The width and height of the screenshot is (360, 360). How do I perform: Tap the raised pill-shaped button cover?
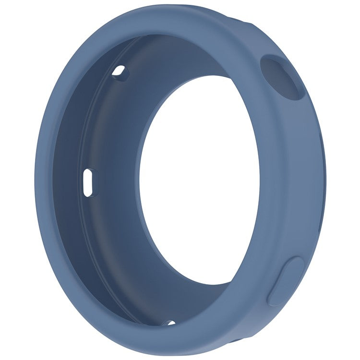tap(287, 281)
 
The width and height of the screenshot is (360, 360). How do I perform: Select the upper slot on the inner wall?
tap(120, 72)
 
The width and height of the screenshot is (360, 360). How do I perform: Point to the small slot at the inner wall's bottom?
tap(168, 323)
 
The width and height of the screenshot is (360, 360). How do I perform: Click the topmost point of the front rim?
tap(158, 7)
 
